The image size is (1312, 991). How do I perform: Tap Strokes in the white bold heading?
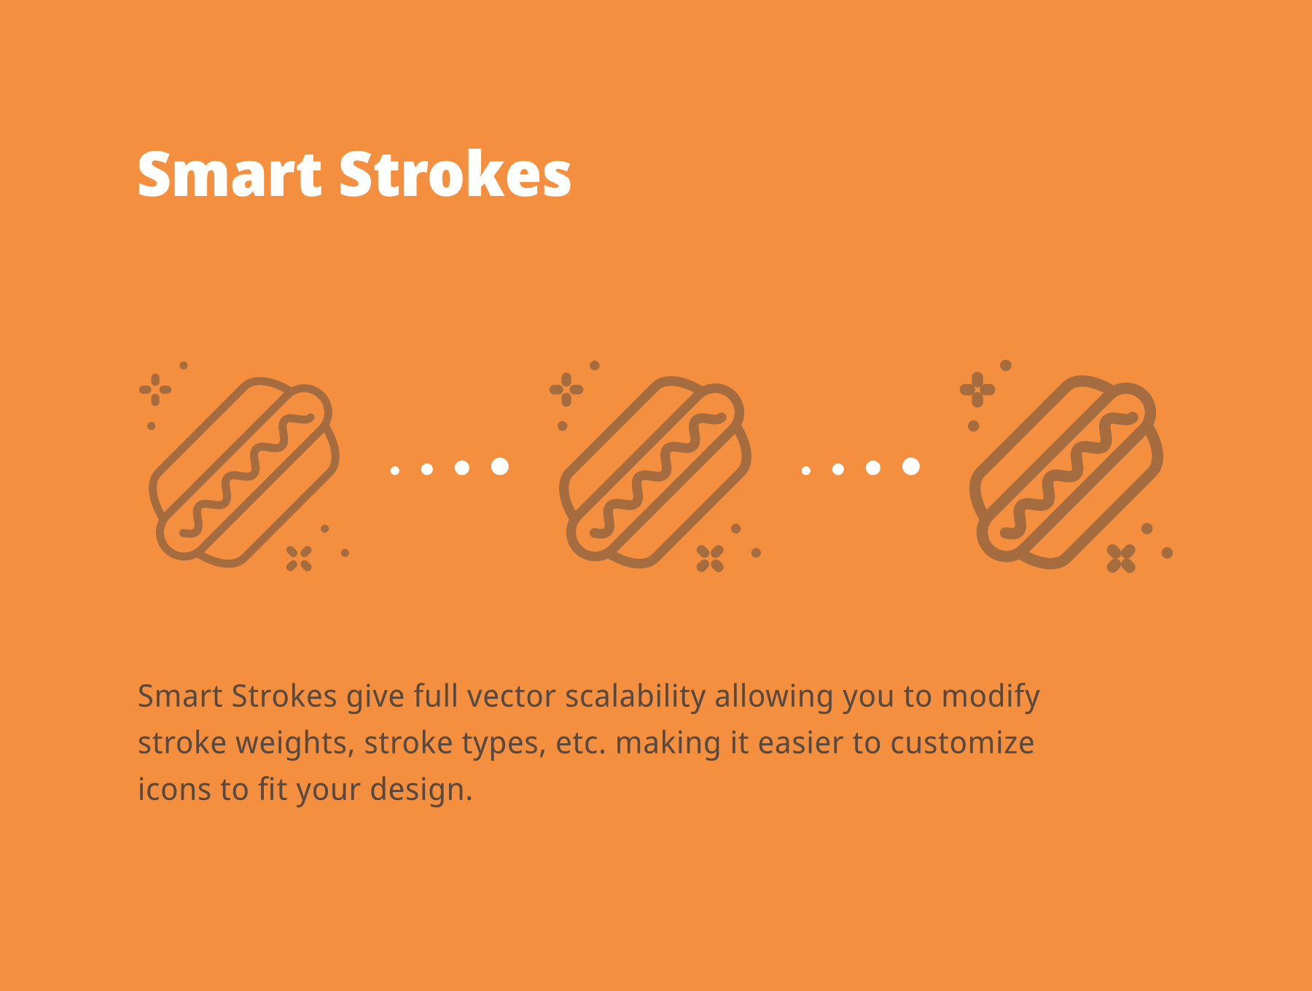pyautogui.click(x=455, y=175)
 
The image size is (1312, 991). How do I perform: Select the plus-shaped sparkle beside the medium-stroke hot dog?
pyautogui.click(x=566, y=390)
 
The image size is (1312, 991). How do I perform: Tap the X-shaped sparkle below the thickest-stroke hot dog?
pyautogui.click(x=1121, y=559)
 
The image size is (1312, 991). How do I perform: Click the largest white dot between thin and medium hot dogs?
pyautogui.click(x=500, y=466)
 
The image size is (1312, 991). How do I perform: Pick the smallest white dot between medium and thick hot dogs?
pyautogui.click(x=806, y=471)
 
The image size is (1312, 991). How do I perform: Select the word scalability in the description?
pyautogui.click(x=635, y=697)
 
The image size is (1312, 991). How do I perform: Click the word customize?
pyautogui.click(x=962, y=743)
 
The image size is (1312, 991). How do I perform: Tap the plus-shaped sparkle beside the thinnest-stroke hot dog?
pyautogui.click(x=155, y=390)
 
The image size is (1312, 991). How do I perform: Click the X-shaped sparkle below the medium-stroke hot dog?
pyautogui.click(x=710, y=559)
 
